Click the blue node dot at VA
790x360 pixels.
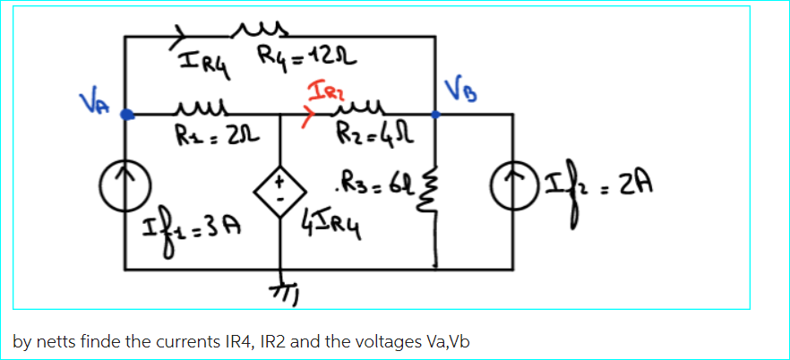pos(128,115)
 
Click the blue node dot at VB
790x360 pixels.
pos(435,115)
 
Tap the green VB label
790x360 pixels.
pos(455,91)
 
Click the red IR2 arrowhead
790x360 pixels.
pos(312,116)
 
